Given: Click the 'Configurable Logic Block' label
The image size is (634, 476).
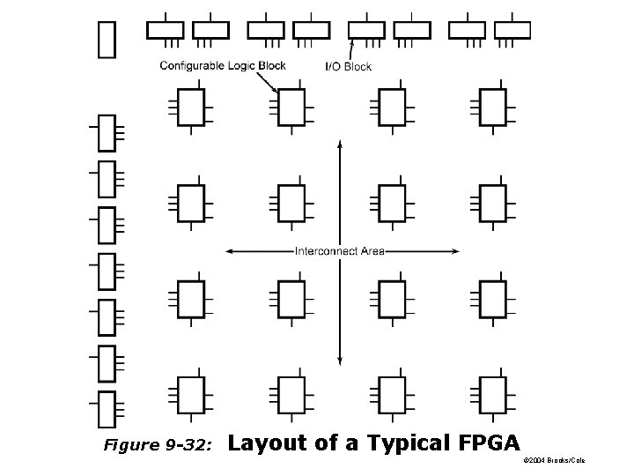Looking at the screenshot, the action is pos(223,65).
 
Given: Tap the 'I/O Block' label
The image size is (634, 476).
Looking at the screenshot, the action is pos(349,66).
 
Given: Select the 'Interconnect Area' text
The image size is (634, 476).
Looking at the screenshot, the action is pos(339,251).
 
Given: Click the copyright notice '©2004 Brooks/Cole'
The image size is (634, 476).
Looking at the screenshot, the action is pos(554,460).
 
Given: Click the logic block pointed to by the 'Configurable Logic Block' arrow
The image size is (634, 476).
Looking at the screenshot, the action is pos(291,107).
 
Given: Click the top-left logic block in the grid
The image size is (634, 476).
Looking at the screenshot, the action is pos(191,107).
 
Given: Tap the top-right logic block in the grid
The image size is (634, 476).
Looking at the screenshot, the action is pos(492,107).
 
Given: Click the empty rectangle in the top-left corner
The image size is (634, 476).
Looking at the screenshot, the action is pos(107,39).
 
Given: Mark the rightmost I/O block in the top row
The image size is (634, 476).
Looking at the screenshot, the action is pos(512,30).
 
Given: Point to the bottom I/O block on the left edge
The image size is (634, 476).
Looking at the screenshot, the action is pos(107,410).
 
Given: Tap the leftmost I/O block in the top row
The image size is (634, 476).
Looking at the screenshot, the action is pos(165,30).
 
